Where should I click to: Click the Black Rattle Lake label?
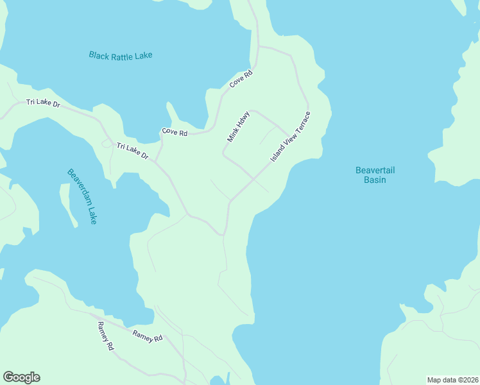[121, 55]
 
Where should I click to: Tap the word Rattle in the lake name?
[122, 55]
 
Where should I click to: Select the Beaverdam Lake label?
[83, 196]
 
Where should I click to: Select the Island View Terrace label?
[291, 137]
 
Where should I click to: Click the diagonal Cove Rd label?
[242, 80]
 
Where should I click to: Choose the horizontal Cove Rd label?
[175, 132]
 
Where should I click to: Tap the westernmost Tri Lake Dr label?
[42, 103]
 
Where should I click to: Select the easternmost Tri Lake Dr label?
[132, 151]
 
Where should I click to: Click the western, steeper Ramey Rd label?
[106, 336]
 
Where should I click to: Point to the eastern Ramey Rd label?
[148, 336]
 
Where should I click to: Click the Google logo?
[21, 377]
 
